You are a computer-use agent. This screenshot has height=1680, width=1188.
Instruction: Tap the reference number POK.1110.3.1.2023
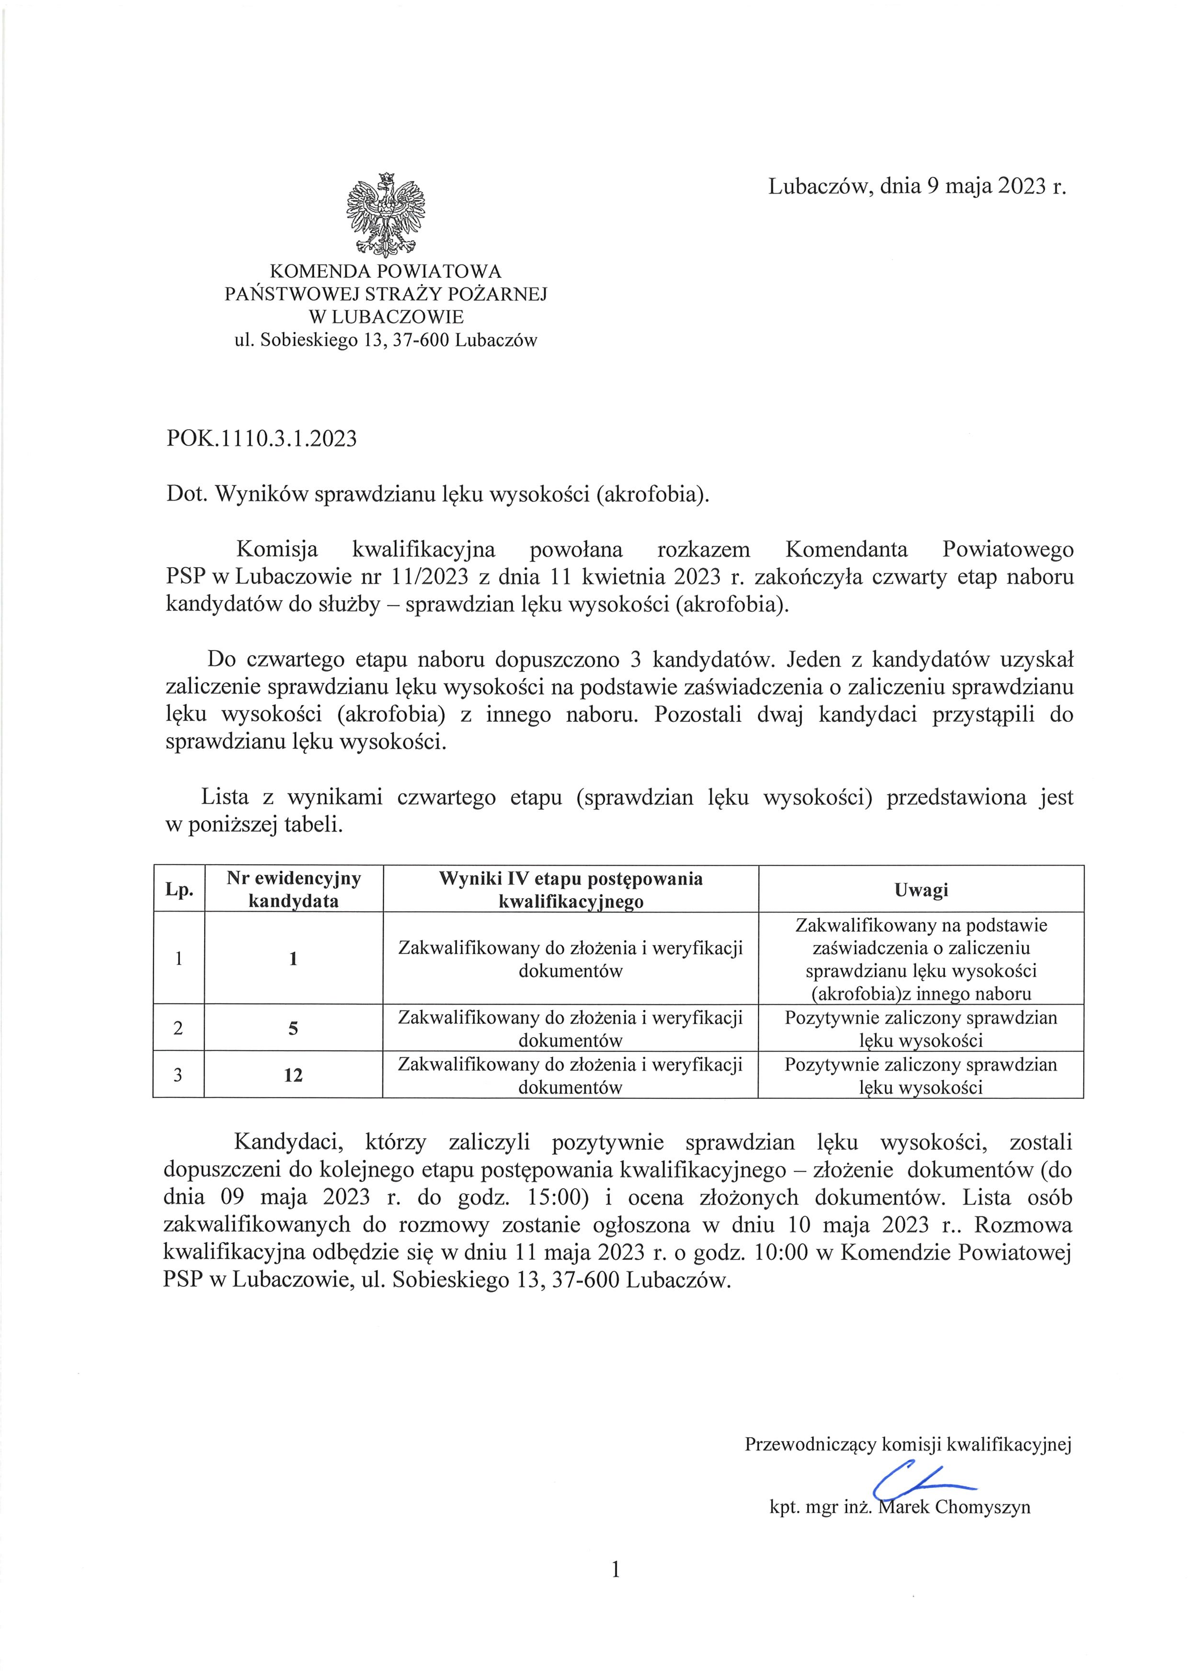(262, 438)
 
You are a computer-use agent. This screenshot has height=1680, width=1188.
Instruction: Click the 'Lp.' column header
(179, 890)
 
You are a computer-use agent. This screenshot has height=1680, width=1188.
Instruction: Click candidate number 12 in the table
(293, 1075)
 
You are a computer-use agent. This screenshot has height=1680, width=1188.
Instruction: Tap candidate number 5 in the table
(293, 1028)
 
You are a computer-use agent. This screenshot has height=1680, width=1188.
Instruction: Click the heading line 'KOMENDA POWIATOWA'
(386, 272)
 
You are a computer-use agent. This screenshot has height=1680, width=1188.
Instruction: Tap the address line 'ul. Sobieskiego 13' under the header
(386, 340)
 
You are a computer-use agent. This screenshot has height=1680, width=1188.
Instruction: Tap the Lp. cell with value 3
(179, 1075)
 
